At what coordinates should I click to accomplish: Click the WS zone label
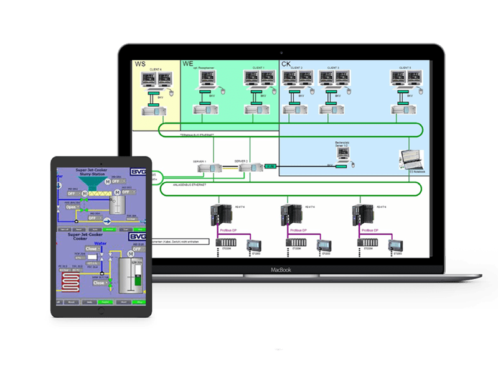[x=140, y=63]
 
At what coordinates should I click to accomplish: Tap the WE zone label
[x=188, y=63]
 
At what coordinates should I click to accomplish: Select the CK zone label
[x=286, y=63]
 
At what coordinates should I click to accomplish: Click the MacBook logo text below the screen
[x=281, y=270]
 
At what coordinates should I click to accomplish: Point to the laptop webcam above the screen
[x=281, y=50]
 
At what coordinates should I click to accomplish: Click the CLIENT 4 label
[x=156, y=69]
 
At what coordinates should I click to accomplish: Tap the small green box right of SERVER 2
[x=270, y=167]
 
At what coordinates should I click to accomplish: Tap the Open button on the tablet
[x=72, y=208]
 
